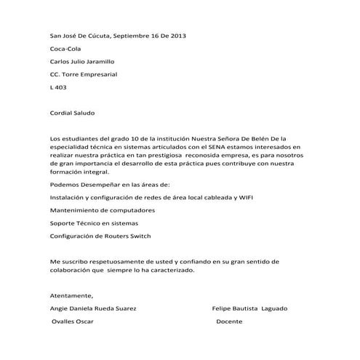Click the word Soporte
point(63,223)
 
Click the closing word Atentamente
point(71,295)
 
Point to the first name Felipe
point(221,308)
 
